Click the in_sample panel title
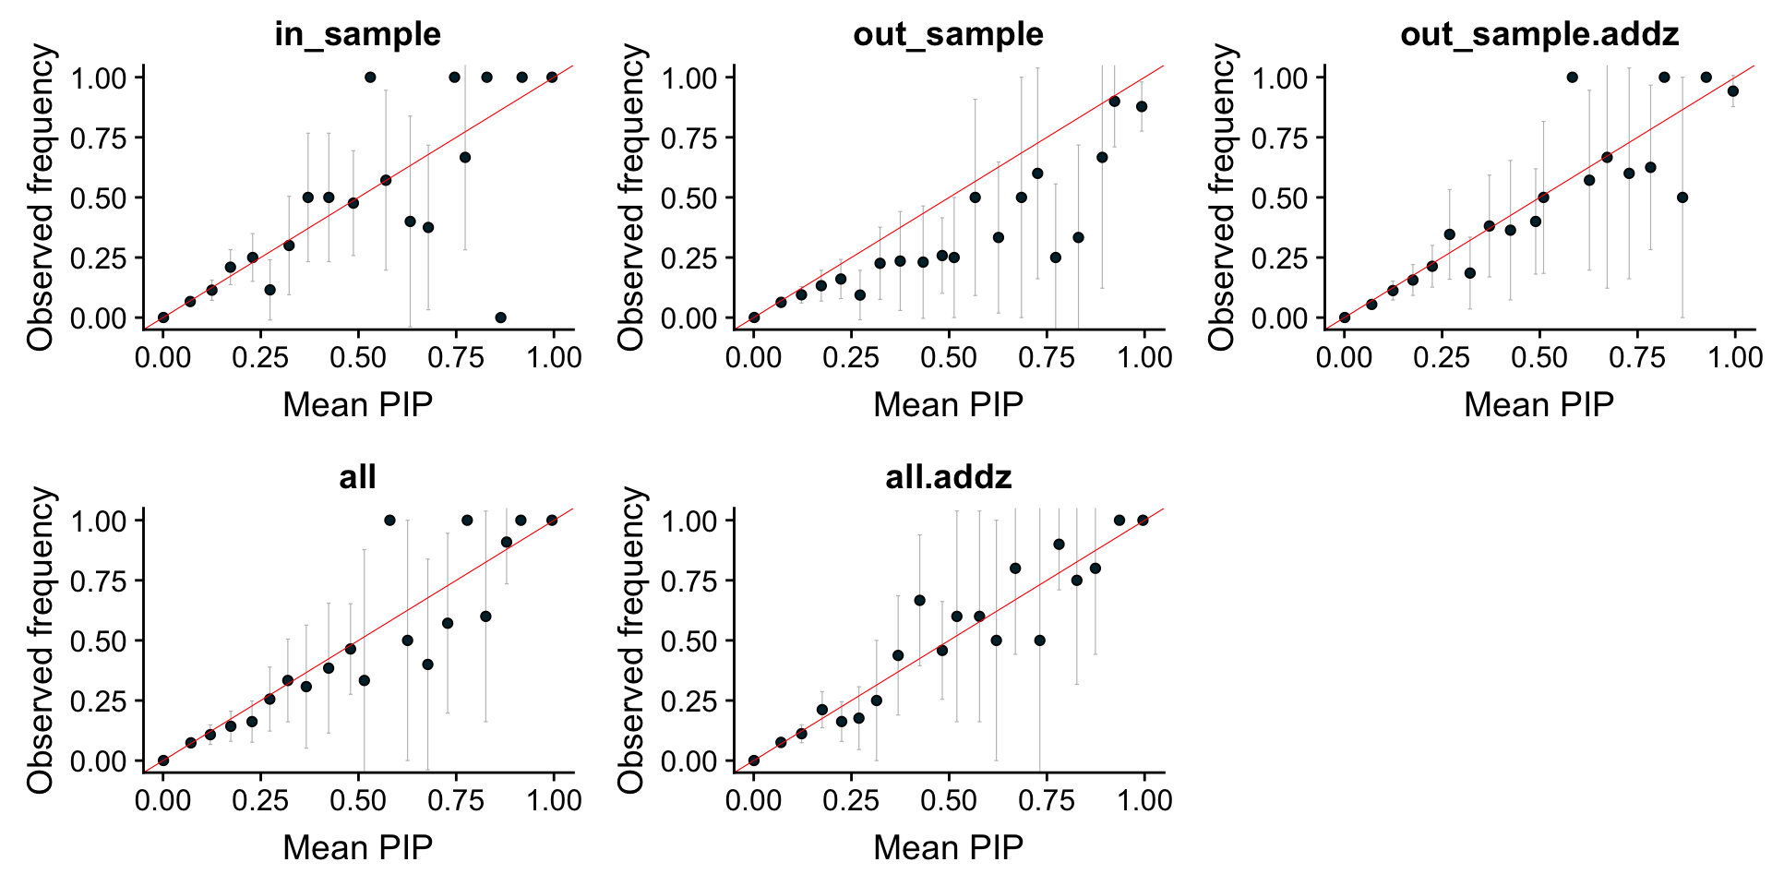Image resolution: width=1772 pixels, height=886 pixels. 358,34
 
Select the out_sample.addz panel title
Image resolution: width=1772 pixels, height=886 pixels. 1539,34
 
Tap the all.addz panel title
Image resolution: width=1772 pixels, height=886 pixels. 948,477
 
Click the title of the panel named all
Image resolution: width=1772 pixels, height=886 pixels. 358,477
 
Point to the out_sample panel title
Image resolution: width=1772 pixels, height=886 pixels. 948,34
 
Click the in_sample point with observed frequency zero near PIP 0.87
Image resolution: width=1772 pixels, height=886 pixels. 500,317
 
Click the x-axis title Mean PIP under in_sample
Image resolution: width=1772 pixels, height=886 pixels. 358,404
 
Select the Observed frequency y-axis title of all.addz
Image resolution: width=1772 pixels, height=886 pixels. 631,641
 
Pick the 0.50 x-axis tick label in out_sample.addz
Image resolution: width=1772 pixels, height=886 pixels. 1539,357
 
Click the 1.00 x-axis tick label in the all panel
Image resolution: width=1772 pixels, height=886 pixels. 554,800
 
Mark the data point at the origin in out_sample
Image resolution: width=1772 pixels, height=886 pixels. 754,317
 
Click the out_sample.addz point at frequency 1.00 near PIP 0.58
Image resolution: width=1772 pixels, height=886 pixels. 1573,78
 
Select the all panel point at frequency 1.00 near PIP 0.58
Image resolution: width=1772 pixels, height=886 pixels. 389,521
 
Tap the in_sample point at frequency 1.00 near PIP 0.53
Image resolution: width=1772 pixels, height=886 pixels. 370,78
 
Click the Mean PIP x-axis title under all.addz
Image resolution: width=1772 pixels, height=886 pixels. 948,847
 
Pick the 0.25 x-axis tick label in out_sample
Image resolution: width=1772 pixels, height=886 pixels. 851,357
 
